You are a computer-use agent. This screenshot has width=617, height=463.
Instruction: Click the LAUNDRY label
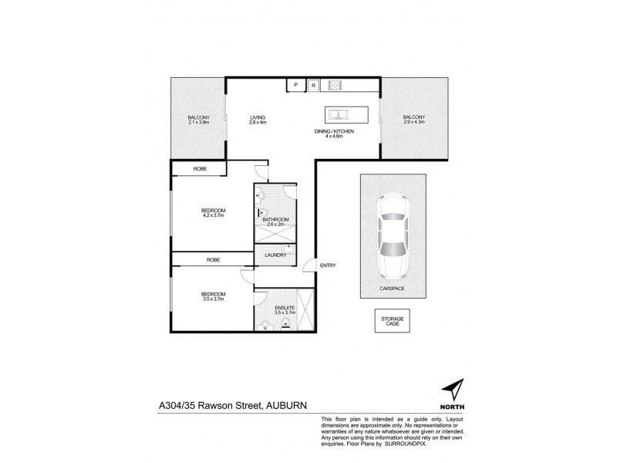[x=275, y=255]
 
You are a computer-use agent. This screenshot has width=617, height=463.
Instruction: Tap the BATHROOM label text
[x=275, y=220]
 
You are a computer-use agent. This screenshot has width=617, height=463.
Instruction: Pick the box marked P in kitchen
[x=295, y=85]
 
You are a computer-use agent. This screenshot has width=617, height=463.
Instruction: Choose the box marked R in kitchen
[x=313, y=85]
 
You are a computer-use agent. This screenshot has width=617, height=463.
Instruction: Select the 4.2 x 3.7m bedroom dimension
[x=213, y=216]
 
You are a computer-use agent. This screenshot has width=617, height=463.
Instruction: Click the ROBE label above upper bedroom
[x=199, y=169]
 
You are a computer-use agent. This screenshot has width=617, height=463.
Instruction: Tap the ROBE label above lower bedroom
[x=213, y=261]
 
